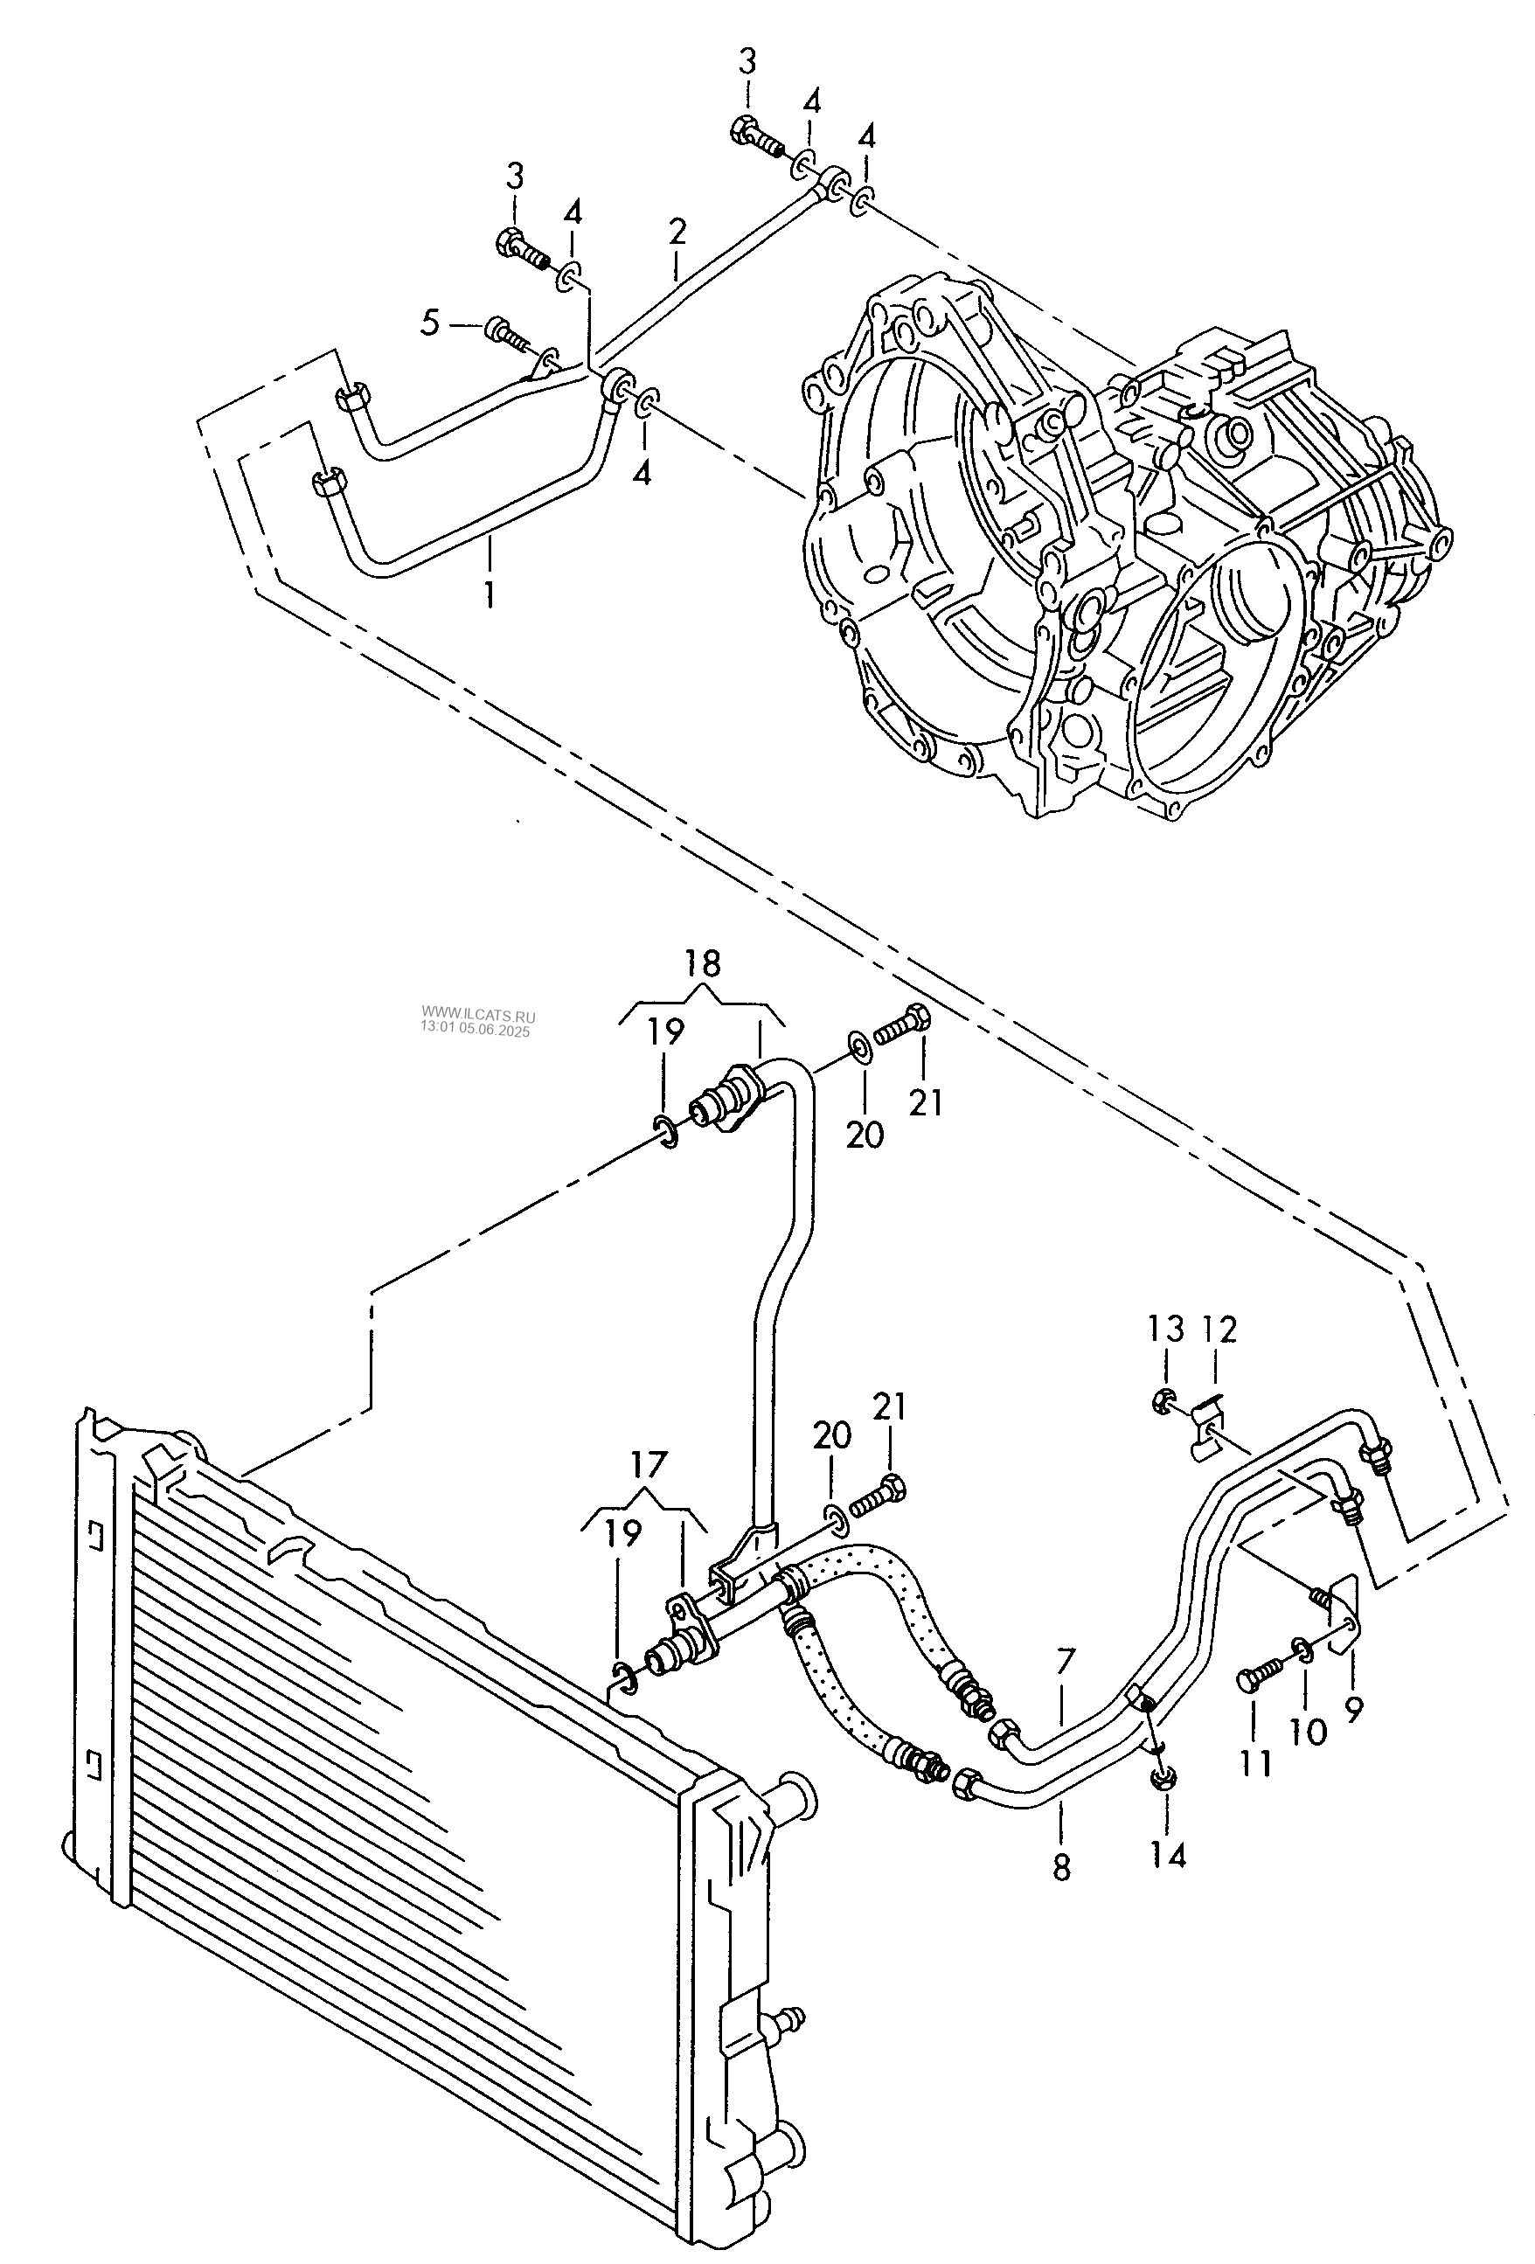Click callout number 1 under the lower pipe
coord(489,594)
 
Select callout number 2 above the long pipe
coord(677,232)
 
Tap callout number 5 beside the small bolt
coord(430,323)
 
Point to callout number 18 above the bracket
coord(702,963)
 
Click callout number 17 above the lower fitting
coord(649,1464)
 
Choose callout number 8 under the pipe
coord(1061,1866)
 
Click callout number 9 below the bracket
coord(1354,1707)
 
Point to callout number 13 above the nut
coord(1165,1328)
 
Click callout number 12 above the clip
coord(1219,1328)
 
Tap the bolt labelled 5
coord(505,333)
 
